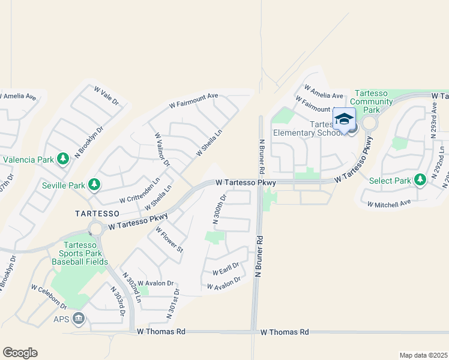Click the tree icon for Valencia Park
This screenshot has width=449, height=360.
point(63,159)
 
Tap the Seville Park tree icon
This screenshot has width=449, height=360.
point(94,185)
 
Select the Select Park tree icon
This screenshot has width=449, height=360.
point(420,181)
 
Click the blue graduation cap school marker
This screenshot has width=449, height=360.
point(344,119)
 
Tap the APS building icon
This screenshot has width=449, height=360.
point(78,318)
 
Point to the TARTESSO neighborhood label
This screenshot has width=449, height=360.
point(98,213)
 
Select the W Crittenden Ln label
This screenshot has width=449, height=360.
point(139,190)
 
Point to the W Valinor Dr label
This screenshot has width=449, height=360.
point(162,150)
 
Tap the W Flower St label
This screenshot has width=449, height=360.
point(169,244)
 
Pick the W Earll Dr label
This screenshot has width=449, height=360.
point(225,268)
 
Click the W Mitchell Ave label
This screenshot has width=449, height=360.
point(389,203)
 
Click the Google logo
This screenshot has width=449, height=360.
point(20,353)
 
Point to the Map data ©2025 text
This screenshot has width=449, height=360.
point(423,355)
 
